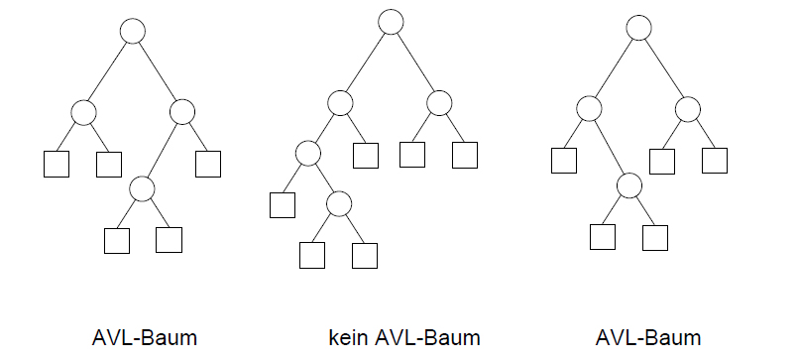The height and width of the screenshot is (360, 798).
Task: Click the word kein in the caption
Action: pos(349,337)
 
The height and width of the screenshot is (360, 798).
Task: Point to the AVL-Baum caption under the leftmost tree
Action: pos(145,337)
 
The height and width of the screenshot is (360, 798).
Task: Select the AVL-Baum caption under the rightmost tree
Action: pos(648,337)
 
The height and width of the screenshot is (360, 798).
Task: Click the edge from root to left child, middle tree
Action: pos(366,62)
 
